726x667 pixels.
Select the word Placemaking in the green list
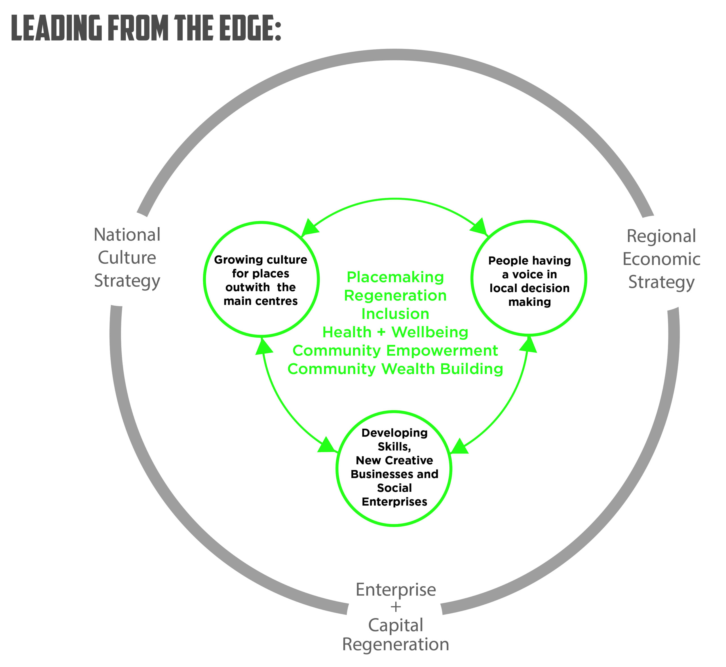(x=395, y=277)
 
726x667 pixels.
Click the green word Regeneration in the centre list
(x=395, y=296)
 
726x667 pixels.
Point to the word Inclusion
(x=395, y=314)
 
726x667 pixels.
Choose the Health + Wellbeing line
(x=395, y=333)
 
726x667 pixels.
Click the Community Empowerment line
(x=395, y=351)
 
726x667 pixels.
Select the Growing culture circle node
(x=261, y=280)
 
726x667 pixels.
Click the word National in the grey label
(x=127, y=235)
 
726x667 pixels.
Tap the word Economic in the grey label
(x=661, y=259)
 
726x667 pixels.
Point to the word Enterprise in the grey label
(x=396, y=590)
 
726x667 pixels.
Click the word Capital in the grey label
(x=396, y=626)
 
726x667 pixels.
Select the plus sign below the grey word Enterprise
(x=396, y=607)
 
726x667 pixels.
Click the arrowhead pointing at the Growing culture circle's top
(x=309, y=228)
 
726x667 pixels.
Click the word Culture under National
(x=127, y=258)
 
